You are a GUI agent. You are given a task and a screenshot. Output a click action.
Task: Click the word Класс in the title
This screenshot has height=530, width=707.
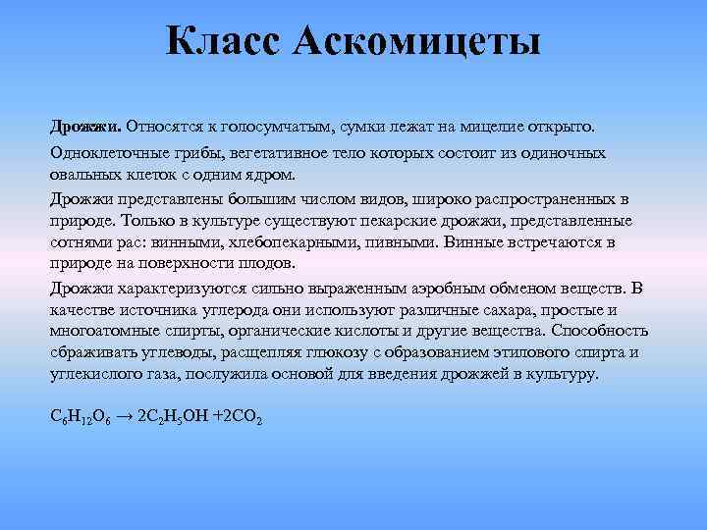223,42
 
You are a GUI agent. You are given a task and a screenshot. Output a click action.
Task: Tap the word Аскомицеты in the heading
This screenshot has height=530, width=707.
416,42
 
